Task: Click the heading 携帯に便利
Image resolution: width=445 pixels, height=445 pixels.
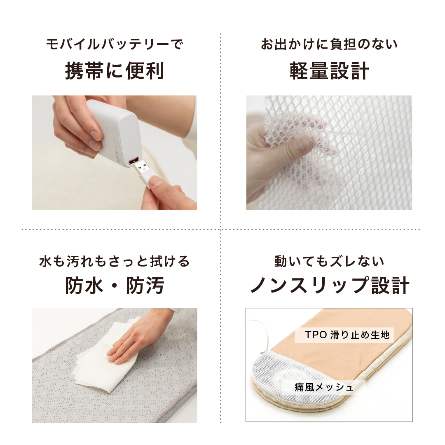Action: click(x=115, y=71)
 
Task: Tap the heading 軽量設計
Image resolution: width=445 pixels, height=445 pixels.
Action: click(x=329, y=71)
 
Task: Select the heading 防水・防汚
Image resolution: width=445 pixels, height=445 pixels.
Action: click(x=115, y=285)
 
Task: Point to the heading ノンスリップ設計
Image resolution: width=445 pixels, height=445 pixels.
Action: click(x=330, y=285)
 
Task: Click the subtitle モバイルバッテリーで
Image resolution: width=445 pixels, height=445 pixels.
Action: click(x=115, y=44)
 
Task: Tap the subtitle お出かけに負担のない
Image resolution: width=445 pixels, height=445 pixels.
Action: click(x=329, y=44)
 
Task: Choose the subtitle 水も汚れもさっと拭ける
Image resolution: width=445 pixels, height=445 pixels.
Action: click(x=115, y=261)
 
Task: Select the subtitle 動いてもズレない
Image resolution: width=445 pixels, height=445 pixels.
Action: click(x=329, y=261)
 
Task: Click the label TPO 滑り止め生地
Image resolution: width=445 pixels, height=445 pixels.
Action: click(x=347, y=335)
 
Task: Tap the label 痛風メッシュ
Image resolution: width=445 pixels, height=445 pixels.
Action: click(x=324, y=387)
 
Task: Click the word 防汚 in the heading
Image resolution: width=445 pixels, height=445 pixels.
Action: click(x=145, y=285)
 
